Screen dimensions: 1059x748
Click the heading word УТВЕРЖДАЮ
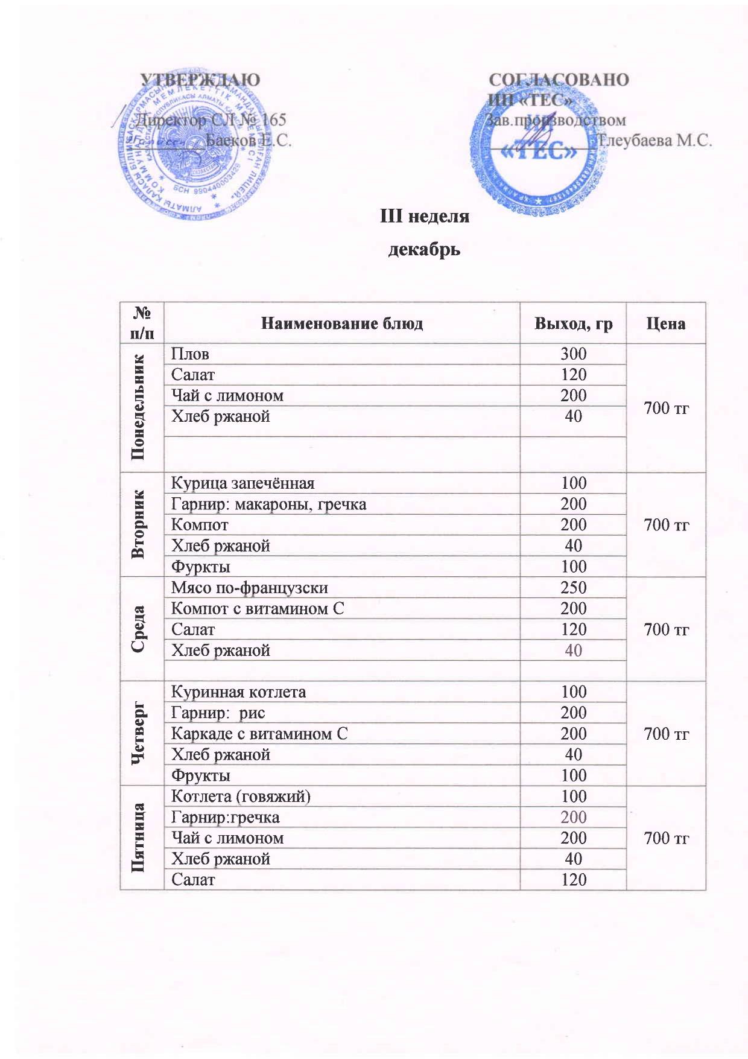tap(200, 80)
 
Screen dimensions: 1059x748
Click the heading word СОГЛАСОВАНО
tap(558, 80)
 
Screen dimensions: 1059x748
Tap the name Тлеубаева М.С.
tap(654, 141)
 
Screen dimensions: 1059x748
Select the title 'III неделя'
tap(424, 215)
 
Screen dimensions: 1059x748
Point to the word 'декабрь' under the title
tap(424, 249)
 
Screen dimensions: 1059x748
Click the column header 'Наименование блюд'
tap(341, 323)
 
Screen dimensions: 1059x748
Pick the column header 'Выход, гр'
tap(573, 323)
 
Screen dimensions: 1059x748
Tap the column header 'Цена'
tap(666, 323)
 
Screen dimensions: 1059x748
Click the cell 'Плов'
tap(191, 354)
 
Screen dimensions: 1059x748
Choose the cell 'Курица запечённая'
tap(242, 483)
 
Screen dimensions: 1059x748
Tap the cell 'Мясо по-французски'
tap(250, 587)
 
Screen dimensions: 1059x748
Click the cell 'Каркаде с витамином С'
tap(259, 734)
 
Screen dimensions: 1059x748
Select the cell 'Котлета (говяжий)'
tap(241, 796)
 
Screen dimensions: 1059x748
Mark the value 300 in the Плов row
tap(573, 354)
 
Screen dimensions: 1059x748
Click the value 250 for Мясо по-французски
tap(573, 587)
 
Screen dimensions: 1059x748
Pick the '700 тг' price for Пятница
tap(666, 838)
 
